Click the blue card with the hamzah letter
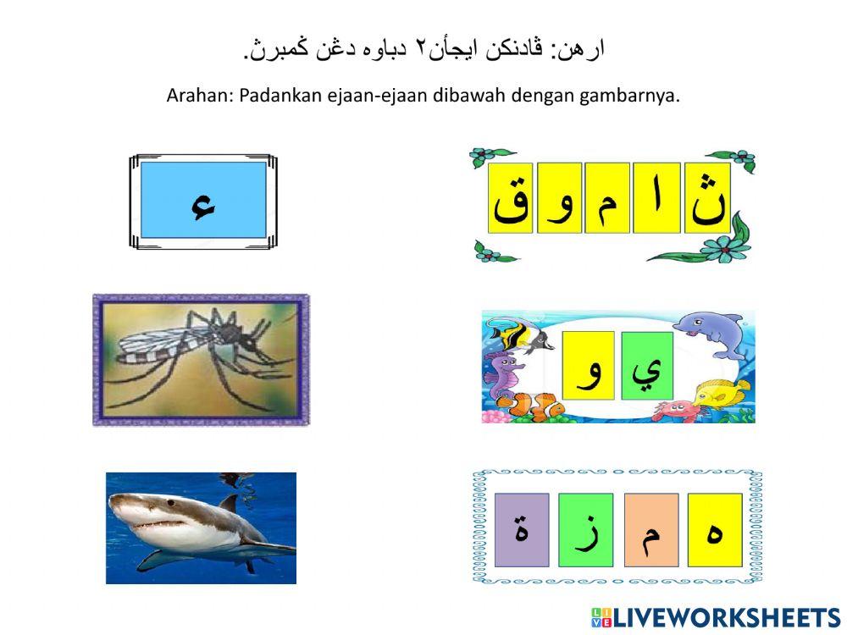point(203,201)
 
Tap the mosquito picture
point(201,360)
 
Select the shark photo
point(201,527)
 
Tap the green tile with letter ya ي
point(647,365)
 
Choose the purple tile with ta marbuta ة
point(522,530)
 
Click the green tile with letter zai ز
point(585,530)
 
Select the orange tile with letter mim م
point(651,530)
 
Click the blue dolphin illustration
point(712,331)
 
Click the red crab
point(674,410)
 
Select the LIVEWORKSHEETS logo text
point(725,617)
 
